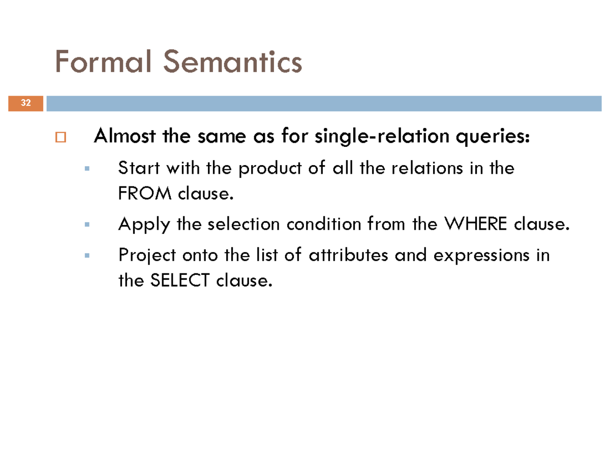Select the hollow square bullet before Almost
pos(61,138)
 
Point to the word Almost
pos(125,137)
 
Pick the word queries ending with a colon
pos(492,138)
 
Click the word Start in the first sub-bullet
pos(135,168)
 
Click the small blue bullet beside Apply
pos(87,224)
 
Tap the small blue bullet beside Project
pos(87,254)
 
